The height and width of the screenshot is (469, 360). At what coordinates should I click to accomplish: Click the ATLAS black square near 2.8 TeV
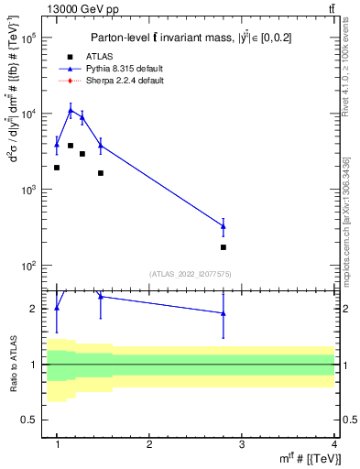(224, 247)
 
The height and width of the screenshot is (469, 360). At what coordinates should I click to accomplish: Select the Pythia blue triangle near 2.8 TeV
(224, 226)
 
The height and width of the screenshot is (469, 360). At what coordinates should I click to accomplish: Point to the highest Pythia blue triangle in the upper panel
(71, 110)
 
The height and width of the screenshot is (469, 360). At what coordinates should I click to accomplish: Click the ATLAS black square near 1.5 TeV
(101, 173)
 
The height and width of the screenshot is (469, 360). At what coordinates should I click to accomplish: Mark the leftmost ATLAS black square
(57, 168)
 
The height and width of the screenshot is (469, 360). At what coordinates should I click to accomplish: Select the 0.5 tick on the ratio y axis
(36, 420)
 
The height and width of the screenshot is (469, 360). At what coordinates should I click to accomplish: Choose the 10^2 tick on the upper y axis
(34, 266)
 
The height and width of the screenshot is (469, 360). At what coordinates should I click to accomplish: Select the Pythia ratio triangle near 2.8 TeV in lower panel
(224, 313)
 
